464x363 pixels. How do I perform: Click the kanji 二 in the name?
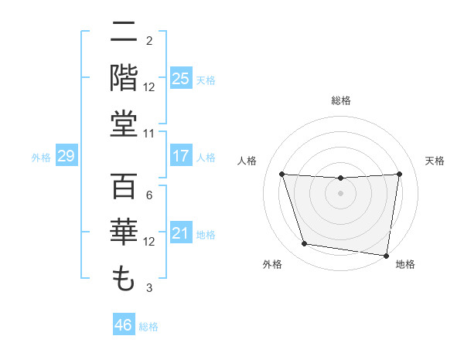click(x=124, y=33)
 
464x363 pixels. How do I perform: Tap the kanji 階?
click(x=124, y=78)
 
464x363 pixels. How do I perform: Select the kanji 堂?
click(x=124, y=124)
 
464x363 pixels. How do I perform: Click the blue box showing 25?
click(x=181, y=78)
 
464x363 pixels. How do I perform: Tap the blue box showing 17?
click(x=181, y=156)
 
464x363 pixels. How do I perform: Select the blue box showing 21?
click(x=181, y=233)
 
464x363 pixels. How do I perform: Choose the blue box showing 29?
click(x=66, y=156)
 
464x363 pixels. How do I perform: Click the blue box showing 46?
click(x=124, y=325)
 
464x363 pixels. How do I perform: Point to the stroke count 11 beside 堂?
click(x=149, y=134)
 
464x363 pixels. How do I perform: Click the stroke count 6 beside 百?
click(x=149, y=195)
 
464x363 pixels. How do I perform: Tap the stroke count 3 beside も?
click(x=149, y=288)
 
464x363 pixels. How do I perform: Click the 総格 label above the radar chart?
click(x=341, y=100)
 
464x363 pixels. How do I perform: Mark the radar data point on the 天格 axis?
click(x=400, y=174)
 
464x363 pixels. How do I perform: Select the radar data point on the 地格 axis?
click(x=387, y=255)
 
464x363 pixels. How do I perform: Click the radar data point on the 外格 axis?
click(x=305, y=244)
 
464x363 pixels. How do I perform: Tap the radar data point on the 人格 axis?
click(x=281, y=174)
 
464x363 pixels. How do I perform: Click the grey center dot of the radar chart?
click(x=341, y=193)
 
